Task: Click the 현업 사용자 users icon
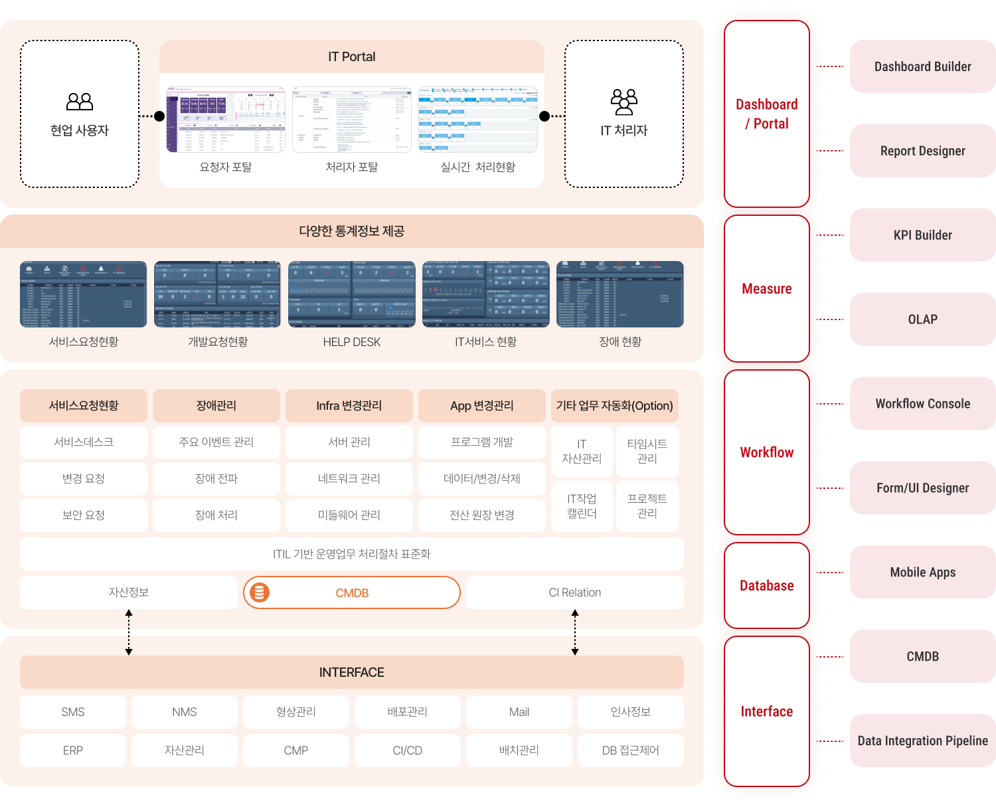coord(80,102)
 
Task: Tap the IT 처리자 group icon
coord(623,101)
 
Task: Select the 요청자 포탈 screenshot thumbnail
coord(225,120)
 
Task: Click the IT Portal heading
coord(351,57)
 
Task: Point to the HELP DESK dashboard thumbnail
coord(352,294)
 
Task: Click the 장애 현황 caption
coord(620,342)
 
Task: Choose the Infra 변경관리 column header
coord(349,406)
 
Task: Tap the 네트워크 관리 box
coord(349,479)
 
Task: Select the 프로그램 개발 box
coord(482,442)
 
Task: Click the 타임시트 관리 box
coord(647,452)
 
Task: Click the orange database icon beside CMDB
coord(260,592)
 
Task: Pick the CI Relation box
coord(575,592)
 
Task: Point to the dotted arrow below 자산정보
coord(129,632)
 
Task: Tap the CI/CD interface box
coord(408,751)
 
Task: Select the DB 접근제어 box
coord(631,751)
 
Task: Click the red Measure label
coord(767,289)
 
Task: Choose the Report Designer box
coord(922,151)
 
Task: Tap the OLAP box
coord(922,319)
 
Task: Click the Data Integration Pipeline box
coord(922,741)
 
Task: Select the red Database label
coord(767,586)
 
